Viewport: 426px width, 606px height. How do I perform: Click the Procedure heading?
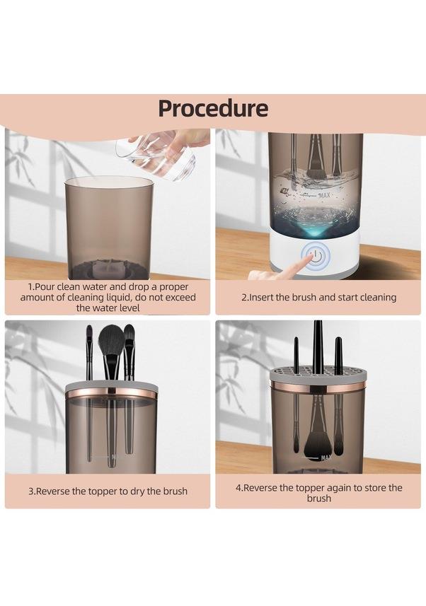[x=213, y=108]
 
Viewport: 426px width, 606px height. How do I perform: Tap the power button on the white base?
[x=316, y=255]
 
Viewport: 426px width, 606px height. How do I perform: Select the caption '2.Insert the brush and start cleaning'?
[x=319, y=297]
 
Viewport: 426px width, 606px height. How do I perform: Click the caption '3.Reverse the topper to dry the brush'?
[x=108, y=491]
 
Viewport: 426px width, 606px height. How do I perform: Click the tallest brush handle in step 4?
[x=318, y=346]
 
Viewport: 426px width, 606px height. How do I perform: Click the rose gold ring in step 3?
[x=111, y=395]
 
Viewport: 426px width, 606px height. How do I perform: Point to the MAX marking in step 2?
[x=324, y=195]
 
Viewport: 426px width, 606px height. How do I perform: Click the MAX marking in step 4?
[x=326, y=458]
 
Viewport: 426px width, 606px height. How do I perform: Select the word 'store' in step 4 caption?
[x=360, y=487]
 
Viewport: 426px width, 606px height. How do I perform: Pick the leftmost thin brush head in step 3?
[x=89, y=334]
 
